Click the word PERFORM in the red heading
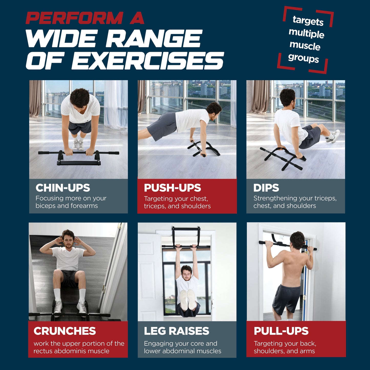click(74, 18)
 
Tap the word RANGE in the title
click(154, 39)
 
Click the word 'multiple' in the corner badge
click(306, 34)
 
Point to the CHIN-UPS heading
click(63, 188)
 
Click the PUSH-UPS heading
click(172, 188)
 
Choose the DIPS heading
click(266, 188)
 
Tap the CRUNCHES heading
click(65, 331)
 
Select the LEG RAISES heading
click(176, 331)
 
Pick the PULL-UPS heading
click(281, 331)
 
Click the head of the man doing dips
click(288, 97)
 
